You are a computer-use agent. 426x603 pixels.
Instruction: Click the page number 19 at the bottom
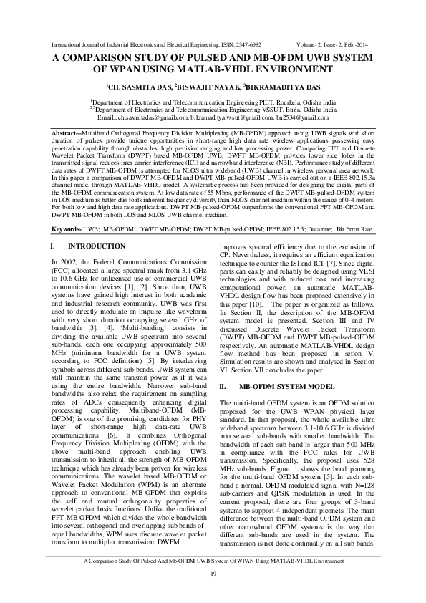coord(213,575)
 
